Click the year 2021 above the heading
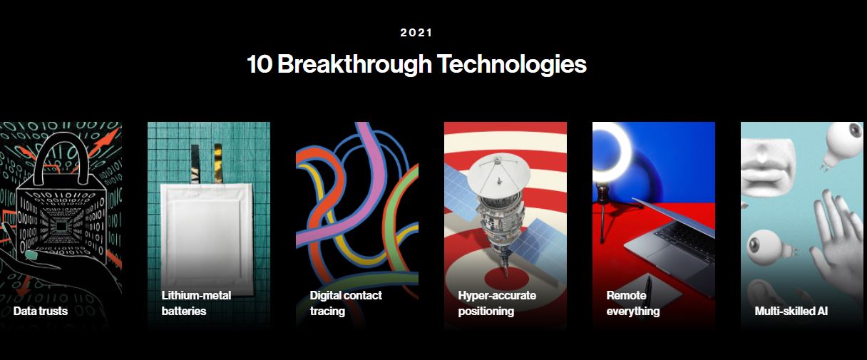416,33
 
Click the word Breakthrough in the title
354,64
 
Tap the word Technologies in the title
512,65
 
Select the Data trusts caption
40,311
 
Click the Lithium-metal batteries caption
196,303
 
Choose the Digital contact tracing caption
346,303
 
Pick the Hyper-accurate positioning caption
497,303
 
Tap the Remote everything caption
633,303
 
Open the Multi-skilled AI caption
791,311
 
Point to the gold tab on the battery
218,163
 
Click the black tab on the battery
195,163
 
